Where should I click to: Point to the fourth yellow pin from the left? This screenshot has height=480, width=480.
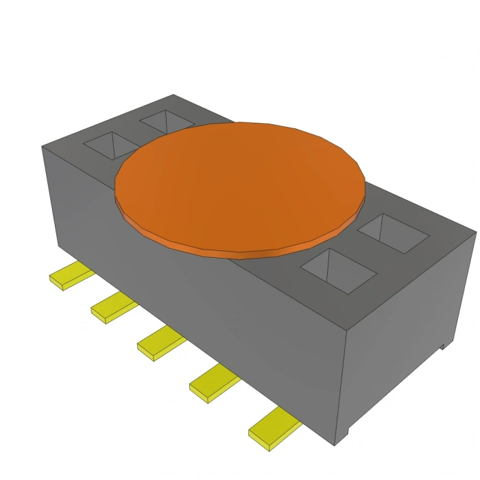(213, 383)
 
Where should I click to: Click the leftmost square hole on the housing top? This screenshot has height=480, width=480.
(110, 145)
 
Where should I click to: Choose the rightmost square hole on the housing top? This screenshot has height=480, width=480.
(394, 233)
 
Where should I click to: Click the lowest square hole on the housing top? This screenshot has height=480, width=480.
(339, 270)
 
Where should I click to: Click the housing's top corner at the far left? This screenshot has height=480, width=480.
(43, 147)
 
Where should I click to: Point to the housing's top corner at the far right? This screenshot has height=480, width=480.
(475, 232)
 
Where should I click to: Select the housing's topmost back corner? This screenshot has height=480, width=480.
(173, 95)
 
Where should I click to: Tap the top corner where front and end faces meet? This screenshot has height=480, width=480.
(346, 328)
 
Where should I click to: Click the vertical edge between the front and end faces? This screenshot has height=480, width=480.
(340, 384)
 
